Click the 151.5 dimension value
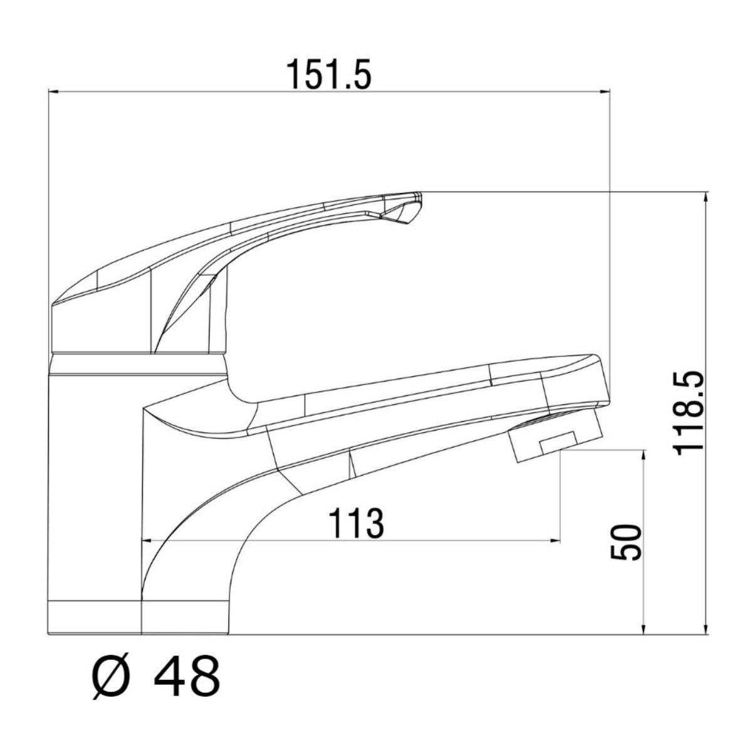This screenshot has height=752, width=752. pos(329,75)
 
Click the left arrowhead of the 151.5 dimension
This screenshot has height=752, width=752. pos(53,91)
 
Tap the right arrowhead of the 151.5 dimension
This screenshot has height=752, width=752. pos(605,91)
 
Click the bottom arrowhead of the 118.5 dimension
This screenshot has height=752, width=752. pos(706,629)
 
